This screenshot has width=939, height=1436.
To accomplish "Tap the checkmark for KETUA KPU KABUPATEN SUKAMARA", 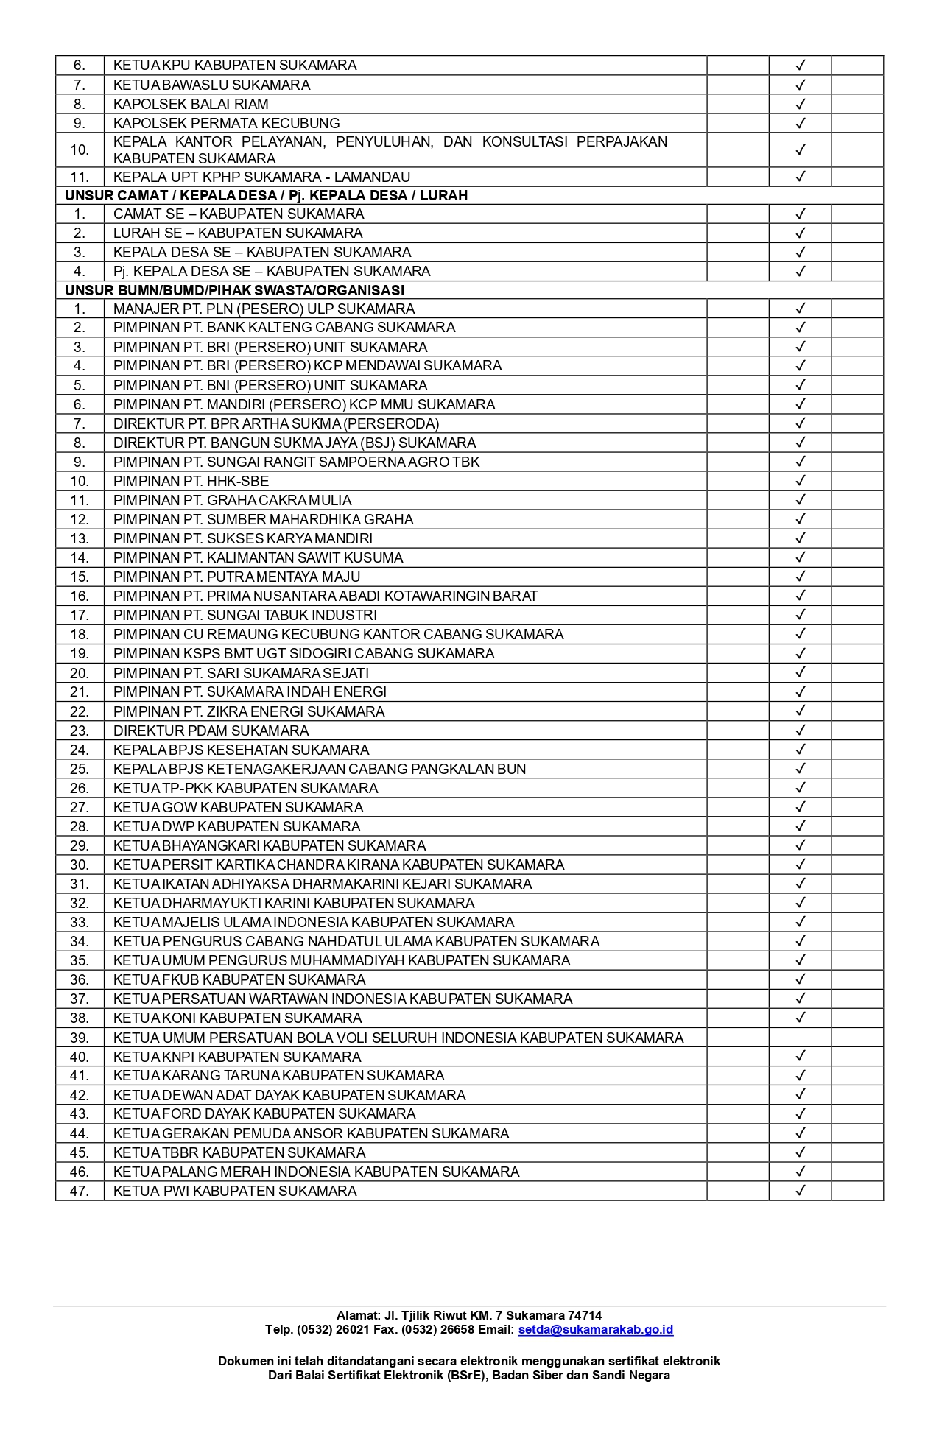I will [x=801, y=66].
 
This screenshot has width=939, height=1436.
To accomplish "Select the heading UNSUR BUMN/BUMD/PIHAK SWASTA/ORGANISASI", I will [x=234, y=290].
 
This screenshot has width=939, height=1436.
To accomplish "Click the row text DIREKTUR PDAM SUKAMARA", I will [x=211, y=731].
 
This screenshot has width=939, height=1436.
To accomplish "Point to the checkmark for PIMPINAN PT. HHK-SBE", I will [x=801, y=481].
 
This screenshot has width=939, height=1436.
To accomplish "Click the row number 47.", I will [x=80, y=1191].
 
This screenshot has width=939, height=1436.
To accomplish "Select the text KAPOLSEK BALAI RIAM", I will [x=191, y=104].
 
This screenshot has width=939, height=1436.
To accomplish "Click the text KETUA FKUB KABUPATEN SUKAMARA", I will [x=239, y=979].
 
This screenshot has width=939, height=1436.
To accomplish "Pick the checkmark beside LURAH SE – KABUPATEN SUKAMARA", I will [x=801, y=233].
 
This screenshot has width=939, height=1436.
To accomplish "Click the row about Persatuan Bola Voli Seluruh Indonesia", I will [x=398, y=1038].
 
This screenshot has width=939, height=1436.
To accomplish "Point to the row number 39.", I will [x=80, y=1038].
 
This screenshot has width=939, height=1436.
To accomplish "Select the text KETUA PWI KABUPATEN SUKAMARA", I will [x=234, y=1191].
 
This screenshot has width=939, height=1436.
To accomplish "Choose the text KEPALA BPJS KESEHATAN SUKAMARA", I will [x=241, y=750].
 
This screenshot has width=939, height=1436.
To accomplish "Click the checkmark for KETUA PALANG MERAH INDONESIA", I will [x=801, y=1172].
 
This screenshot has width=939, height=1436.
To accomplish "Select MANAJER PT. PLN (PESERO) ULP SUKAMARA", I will [x=264, y=309].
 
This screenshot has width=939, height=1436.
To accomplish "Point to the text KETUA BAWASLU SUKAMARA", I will [x=211, y=85].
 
